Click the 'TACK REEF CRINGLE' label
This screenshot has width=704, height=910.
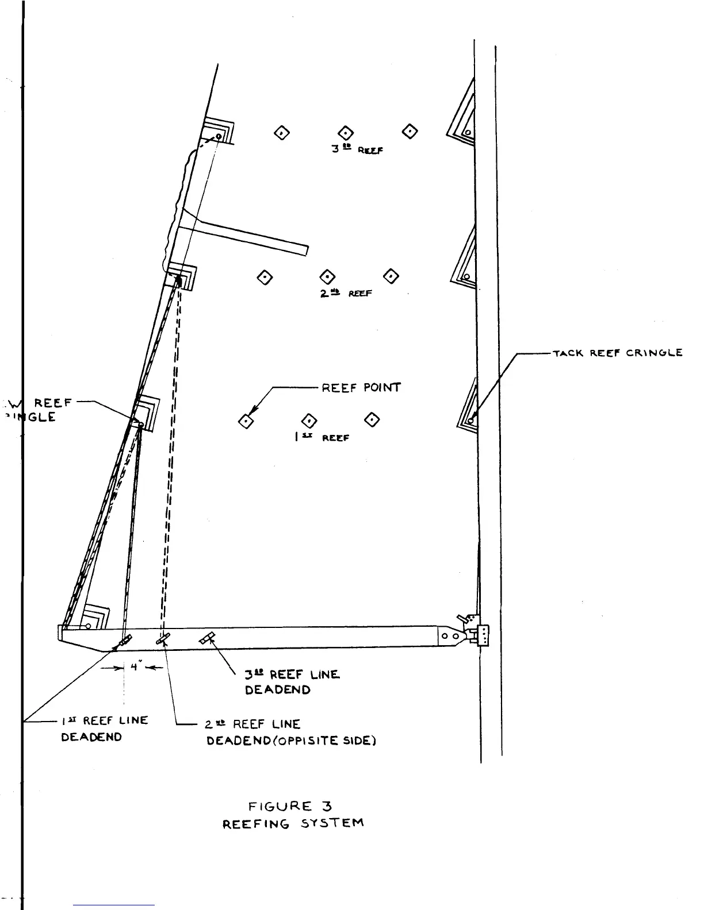pyautogui.click(x=618, y=353)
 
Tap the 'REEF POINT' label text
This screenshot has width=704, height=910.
pyautogui.click(x=361, y=387)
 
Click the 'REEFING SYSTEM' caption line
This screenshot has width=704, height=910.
pyautogui.click(x=293, y=824)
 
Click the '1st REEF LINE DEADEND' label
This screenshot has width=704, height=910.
pyautogui.click(x=104, y=728)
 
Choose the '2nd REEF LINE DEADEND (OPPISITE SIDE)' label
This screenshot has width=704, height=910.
pyautogui.click(x=291, y=732)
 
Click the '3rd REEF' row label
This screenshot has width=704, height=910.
pyautogui.click(x=357, y=149)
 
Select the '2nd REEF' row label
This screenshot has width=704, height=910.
pyautogui.click(x=346, y=293)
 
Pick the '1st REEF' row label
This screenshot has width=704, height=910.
pyautogui.click(x=322, y=437)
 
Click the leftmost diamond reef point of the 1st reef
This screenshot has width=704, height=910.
pyautogui.click(x=246, y=422)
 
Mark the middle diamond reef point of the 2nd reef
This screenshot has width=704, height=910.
pyautogui.click(x=327, y=277)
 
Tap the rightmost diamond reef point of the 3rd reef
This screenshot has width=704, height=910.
pyautogui.click(x=410, y=132)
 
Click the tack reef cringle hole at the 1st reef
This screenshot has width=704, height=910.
pyautogui.click(x=470, y=421)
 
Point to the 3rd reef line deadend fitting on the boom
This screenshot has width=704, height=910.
pyautogui.click(x=208, y=638)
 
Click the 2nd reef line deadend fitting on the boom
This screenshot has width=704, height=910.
pyautogui.click(x=163, y=638)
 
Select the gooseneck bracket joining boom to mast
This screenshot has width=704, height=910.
pyautogui.click(x=482, y=635)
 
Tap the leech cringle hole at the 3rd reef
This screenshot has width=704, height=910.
pyautogui.click(x=219, y=137)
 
